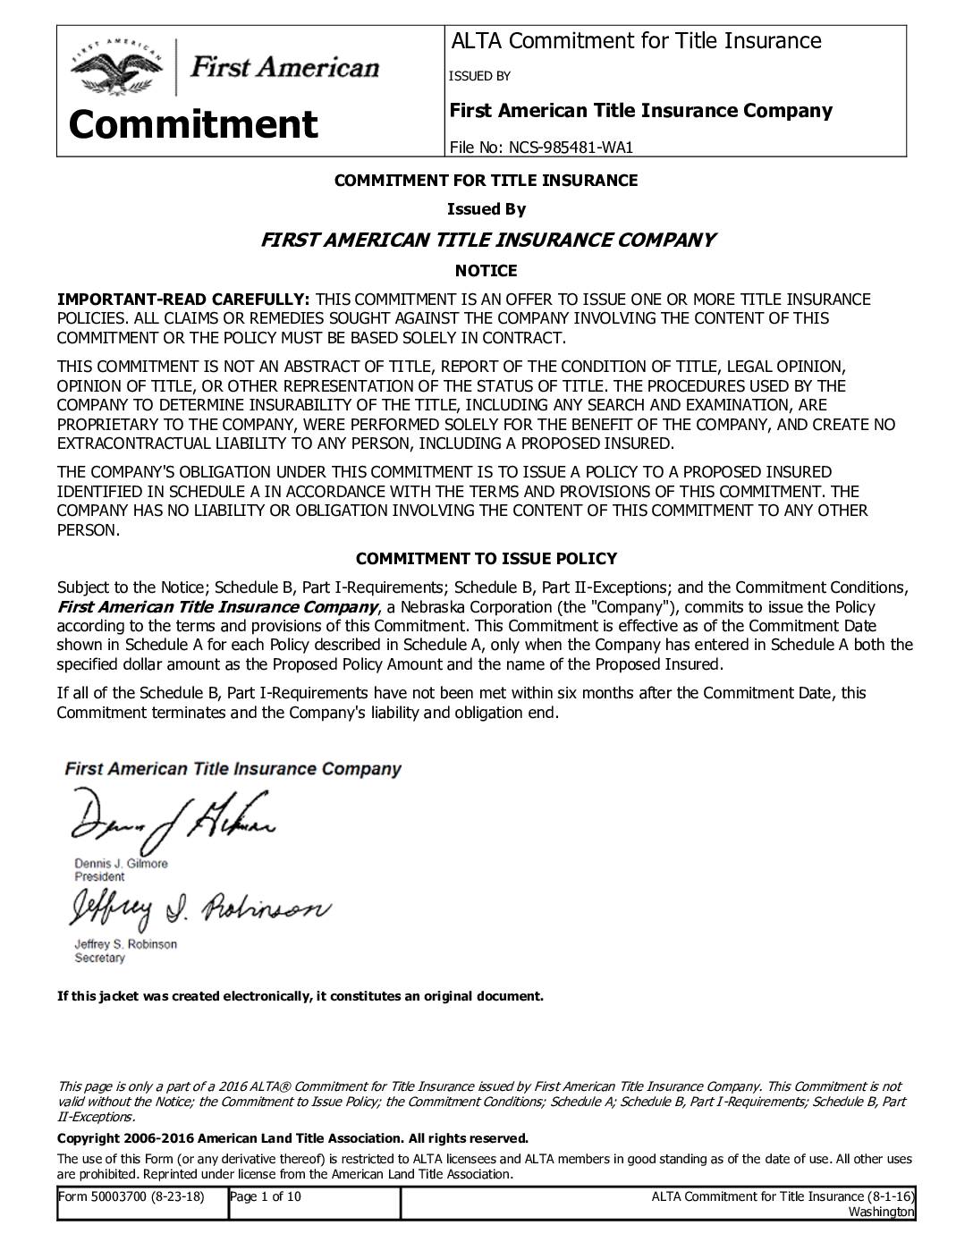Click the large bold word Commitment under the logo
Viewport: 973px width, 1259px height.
193,124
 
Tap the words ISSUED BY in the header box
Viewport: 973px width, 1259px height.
479,76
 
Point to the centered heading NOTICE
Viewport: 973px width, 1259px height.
486,270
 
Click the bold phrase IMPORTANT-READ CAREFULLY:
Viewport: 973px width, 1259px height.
183,300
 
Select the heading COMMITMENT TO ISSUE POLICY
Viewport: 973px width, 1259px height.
486,559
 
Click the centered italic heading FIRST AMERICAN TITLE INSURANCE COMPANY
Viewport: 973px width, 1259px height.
486,240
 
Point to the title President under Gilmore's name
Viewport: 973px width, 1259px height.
99,877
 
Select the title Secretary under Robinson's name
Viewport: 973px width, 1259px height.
100,958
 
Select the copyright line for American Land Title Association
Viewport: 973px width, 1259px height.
292,1138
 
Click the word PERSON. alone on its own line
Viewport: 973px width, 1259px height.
88,530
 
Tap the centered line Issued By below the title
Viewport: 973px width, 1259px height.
486,209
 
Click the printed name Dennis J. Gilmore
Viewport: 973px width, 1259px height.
121,864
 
